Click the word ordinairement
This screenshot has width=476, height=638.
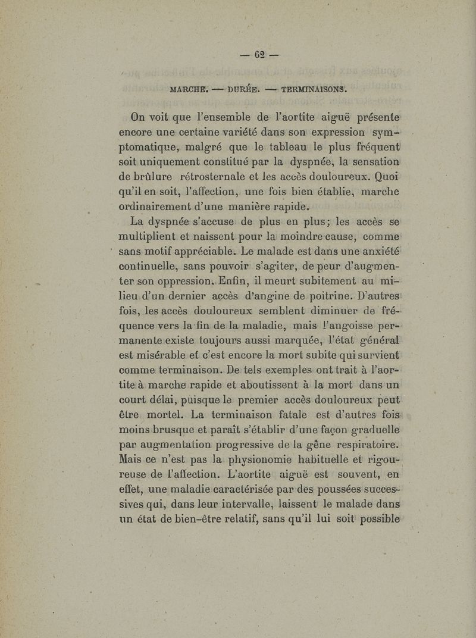point(161,207)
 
